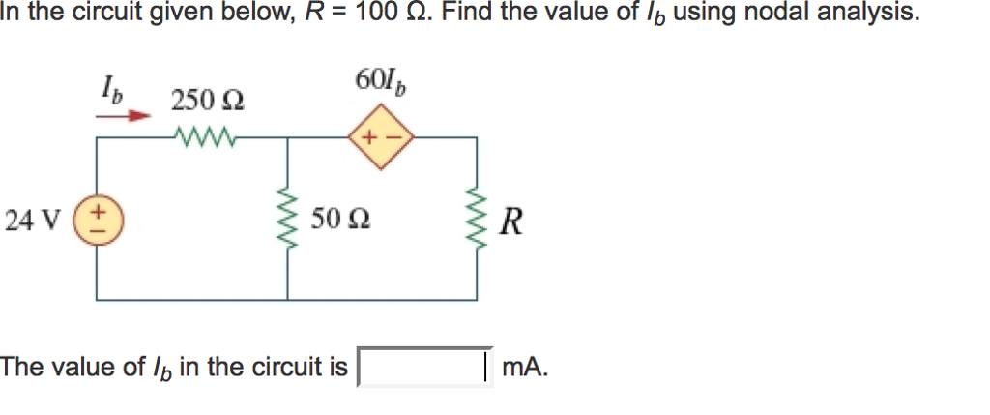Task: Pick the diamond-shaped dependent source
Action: click(x=382, y=138)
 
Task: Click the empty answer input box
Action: click(x=424, y=367)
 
